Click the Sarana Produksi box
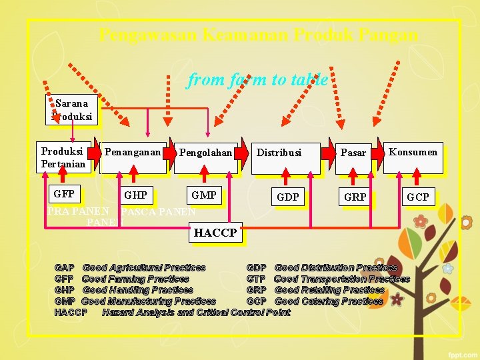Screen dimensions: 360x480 click(71, 109)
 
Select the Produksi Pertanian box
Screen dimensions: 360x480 click(63, 157)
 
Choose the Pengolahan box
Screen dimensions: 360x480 click(205, 157)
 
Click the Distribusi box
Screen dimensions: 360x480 click(285, 157)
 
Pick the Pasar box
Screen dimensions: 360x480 click(353, 157)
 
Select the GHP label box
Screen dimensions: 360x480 click(136, 195)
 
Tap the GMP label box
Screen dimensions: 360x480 click(203, 195)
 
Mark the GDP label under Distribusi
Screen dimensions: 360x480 click(288, 197)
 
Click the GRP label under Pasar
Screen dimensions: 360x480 click(355, 197)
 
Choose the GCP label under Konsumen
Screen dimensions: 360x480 click(418, 197)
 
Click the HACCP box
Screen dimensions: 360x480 click(215, 233)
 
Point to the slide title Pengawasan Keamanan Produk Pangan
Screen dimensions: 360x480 click(259, 35)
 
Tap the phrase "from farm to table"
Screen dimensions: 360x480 click(257, 80)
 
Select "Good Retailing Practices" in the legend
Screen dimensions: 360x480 click(329, 290)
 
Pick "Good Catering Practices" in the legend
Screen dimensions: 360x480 click(329, 301)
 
